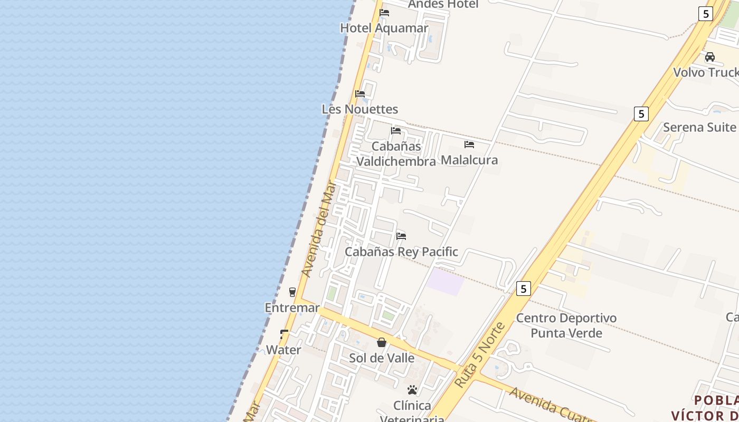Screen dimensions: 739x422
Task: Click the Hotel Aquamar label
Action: (x=384, y=28)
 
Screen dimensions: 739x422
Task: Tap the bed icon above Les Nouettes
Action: (x=360, y=94)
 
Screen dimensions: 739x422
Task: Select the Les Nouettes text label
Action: (x=359, y=109)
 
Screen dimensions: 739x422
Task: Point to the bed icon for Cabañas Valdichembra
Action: (x=396, y=131)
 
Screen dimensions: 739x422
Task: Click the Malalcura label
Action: (x=469, y=160)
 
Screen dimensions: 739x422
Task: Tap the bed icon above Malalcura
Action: (x=469, y=145)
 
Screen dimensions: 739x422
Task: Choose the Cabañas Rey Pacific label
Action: (x=401, y=252)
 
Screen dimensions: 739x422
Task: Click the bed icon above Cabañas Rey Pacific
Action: (x=401, y=236)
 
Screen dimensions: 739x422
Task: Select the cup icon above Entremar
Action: (x=292, y=292)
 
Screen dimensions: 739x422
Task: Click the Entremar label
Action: (x=292, y=308)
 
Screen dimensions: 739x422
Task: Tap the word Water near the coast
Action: (x=283, y=350)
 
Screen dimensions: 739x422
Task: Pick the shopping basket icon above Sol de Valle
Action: (x=382, y=343)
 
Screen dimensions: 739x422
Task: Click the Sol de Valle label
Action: (x=382, y=358)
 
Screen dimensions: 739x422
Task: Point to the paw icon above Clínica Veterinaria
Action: (x=412, y=390)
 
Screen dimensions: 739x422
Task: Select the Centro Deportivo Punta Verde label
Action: (x=566, y=325)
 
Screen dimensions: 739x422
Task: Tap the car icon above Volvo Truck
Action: (x=710, y=57)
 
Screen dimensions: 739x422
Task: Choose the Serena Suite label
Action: (x=699, y=127)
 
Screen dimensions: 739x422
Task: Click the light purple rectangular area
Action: (x=445, y=281)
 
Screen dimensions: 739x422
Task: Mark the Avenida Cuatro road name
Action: (x=549, y=407)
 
